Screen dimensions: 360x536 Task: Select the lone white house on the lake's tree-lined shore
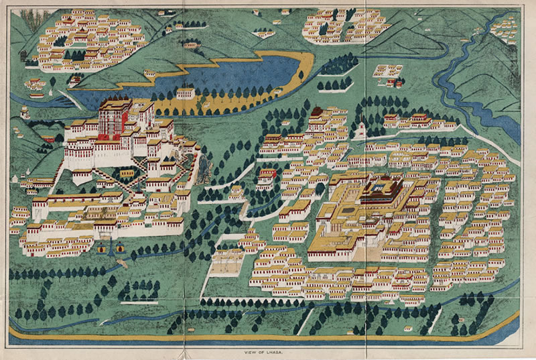[186, 93]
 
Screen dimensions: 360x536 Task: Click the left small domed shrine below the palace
[101, 249]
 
